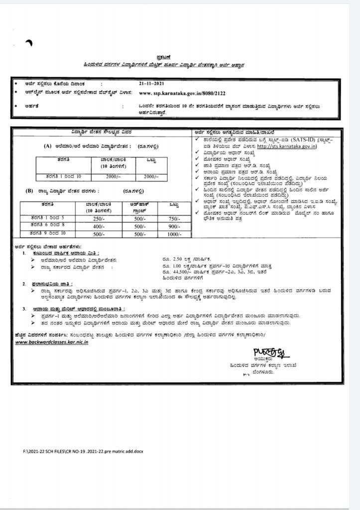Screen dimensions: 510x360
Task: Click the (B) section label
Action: [x=29, y=190]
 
